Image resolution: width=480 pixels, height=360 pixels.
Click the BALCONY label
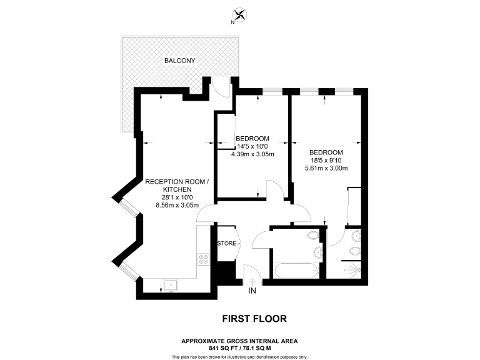(x=180, y=61)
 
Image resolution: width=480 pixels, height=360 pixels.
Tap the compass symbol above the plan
(x=240, y=15)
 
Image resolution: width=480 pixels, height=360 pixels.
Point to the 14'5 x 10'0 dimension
(x=252, y=146)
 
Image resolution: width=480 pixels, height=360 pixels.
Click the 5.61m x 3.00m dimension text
(x=326, y=168)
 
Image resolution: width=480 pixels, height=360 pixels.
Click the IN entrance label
(x=252, y=291)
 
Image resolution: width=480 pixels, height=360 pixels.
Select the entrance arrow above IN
(x=252, y=281)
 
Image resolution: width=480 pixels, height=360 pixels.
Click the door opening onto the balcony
(x=220, y=87)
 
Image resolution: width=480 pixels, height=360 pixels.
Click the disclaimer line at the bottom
(x=240, y=356)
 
